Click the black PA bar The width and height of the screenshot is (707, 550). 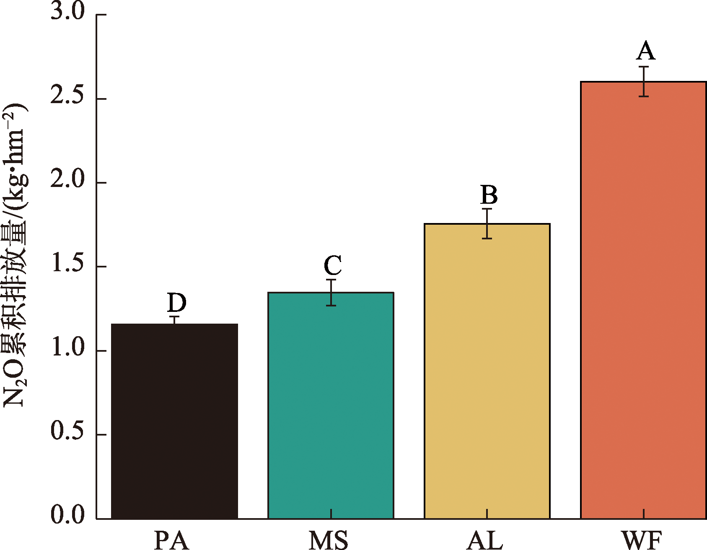(174, 421)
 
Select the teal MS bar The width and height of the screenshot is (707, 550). (331, 405)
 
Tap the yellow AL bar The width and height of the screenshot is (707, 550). (487, 371)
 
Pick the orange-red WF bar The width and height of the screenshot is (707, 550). (643, 300)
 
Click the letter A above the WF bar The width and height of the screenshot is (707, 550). (645, 51)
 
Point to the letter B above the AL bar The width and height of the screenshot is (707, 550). (489, 195)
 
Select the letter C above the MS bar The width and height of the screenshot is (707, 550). (333, 265)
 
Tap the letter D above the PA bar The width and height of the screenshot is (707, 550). (176, 302)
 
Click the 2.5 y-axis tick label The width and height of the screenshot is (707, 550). (67, 96)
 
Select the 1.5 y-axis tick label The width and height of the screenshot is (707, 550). (67, 265)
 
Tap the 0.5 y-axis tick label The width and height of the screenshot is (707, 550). (67, 432)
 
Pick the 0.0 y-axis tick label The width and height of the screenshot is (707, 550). (67, 516)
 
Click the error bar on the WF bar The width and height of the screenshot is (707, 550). (644, 81)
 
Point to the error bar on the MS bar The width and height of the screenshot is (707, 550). (331, 292)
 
